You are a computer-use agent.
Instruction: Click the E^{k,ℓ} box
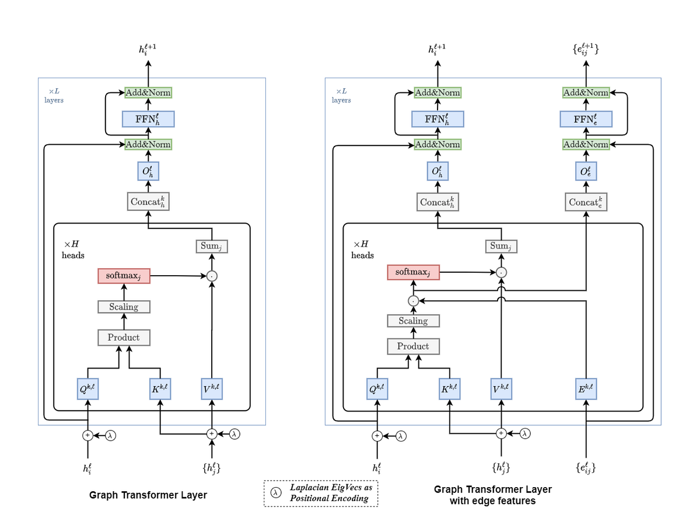click(586, 388)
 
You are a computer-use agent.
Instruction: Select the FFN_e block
click(586, 119)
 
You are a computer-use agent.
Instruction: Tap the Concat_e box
click(586, 202)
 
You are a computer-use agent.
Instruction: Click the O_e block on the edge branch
click(586, 172)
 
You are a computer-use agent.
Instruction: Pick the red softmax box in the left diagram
click(124, 275)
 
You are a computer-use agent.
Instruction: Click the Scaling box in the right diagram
click(413, 321)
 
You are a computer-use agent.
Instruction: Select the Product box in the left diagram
click(124, 337)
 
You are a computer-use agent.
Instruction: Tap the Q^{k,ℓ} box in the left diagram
click(89, 388)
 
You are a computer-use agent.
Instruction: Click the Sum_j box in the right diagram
click(501, 246)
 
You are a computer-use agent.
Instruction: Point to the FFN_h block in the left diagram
click(148, 119)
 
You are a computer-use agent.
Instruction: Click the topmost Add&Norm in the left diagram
click(148, 92)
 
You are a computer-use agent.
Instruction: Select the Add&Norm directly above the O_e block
click(586, 144)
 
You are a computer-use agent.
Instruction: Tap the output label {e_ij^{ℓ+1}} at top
click(586, 50)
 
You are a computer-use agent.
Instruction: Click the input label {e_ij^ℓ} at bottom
click(586, 468)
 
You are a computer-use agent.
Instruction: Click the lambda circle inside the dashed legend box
click(275, 493)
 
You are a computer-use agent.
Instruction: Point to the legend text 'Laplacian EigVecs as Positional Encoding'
click(331, 493)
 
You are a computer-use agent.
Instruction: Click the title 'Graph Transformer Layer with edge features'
click(492, 495)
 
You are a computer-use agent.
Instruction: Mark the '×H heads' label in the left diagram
click(72, 249)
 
